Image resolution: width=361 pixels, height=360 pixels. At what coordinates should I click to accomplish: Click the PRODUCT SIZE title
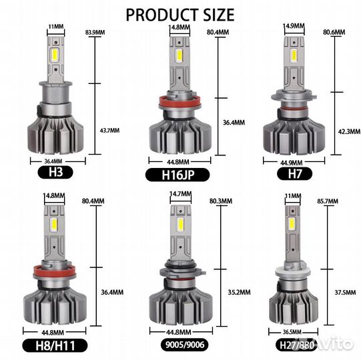point(180,15)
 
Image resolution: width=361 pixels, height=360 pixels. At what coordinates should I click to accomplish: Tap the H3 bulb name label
point(55,172)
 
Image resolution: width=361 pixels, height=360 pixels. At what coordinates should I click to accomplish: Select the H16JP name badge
point(177,175)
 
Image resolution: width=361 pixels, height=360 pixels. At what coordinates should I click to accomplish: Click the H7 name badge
point(294,174)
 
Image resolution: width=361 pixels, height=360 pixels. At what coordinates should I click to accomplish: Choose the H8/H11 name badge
point(55,345)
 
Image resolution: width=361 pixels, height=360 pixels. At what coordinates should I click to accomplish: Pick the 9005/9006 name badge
point(185,345)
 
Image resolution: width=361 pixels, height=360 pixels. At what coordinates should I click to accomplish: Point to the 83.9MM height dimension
point(95,33)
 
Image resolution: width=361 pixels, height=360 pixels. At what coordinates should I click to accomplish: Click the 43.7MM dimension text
point(109,131)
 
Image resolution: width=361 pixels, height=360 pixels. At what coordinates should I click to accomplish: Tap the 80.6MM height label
point(334,32)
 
